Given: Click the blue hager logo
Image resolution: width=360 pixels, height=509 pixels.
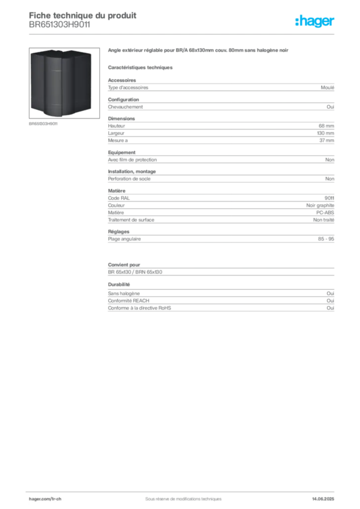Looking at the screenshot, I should click(316, 22).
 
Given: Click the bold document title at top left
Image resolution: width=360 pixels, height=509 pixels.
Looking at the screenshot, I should click(82, 15).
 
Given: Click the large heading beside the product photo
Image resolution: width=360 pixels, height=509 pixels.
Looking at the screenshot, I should click(198, 51).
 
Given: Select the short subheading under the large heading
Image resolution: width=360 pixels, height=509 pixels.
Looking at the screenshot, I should click(141, 67).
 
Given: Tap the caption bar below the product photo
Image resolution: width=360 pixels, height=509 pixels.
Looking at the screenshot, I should click(44, 124).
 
